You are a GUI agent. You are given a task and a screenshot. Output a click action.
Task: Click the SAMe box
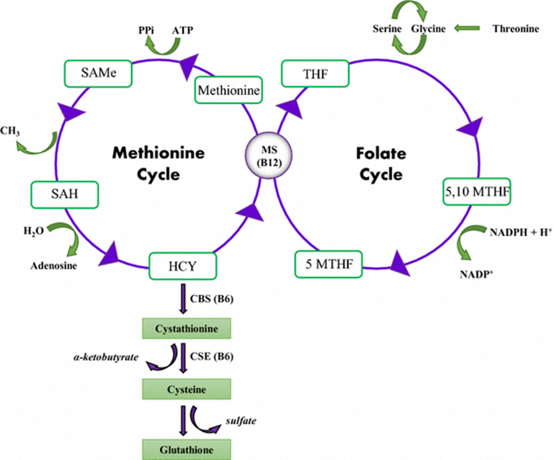(98, 73)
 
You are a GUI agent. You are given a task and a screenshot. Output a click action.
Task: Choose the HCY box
(182, 266)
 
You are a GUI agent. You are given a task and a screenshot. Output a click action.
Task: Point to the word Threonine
(516, 29)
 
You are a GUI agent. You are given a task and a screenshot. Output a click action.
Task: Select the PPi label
(146, 31)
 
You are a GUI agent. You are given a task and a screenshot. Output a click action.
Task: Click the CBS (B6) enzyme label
(212, 299)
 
